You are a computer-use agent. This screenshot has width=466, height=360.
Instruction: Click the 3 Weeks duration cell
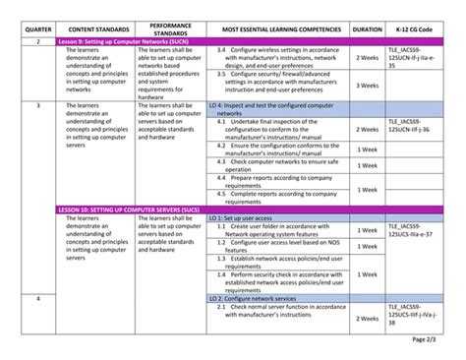click(368, 86)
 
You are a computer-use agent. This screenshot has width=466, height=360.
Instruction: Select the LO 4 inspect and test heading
click(280, 109)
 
